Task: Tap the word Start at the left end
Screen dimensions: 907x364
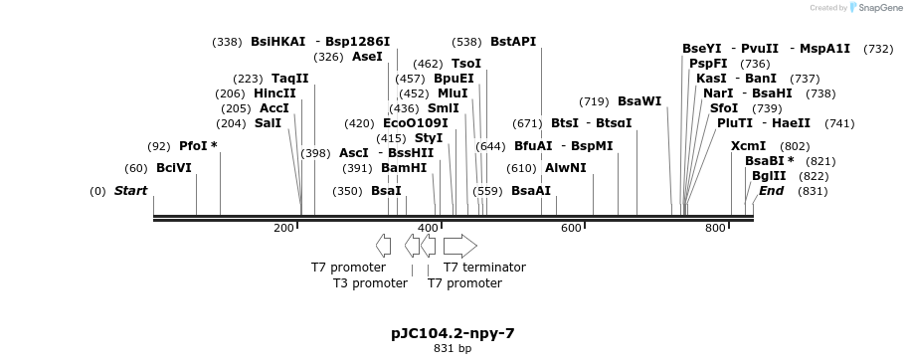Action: tap(130, 190)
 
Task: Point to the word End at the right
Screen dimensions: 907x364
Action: tap(771, 190)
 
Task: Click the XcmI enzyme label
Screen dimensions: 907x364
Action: tap(748, 145)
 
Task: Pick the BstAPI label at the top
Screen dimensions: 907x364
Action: tap(513, 42)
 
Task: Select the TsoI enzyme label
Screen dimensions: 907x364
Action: tap(466, 64)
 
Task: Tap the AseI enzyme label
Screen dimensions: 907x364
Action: tap(367, 57)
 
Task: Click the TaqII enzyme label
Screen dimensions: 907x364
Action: tap(290, 79)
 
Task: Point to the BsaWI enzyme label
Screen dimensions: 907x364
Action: tap(639, 101)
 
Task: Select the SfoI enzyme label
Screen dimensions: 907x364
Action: tap(724, 107)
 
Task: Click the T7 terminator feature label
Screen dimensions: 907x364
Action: tap(484, 267)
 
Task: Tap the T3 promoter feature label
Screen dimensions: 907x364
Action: tap(370, 282)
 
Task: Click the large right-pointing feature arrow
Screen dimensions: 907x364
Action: tap(459, 246)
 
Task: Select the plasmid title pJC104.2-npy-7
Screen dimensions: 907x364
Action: tap(453, 333)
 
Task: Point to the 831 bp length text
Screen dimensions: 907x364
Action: tap(453, 349)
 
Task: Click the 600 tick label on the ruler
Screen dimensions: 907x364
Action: tap(570, 229)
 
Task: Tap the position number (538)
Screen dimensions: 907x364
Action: tap(466, 42)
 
